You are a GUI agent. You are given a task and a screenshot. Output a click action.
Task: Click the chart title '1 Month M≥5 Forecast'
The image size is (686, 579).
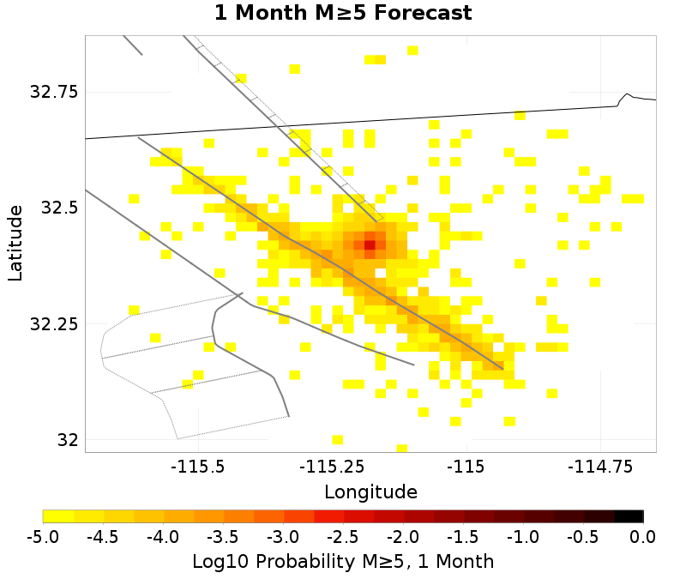point(343,14)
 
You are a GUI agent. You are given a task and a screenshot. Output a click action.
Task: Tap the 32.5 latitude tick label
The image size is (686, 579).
point(58,208)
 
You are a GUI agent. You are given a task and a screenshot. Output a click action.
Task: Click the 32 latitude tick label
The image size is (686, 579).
point(67,440)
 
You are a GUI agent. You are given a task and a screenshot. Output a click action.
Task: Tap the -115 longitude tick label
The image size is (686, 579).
point(468,467)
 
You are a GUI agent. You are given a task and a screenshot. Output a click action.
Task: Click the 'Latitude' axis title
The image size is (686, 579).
point(15,243)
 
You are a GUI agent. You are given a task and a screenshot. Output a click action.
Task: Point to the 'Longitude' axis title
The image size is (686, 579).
point(370,492)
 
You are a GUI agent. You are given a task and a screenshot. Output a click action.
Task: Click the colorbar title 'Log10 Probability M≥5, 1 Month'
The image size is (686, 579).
point(343,562)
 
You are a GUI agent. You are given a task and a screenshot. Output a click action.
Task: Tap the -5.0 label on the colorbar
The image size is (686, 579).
point(43,537)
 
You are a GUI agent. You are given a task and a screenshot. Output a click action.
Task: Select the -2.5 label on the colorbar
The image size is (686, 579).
point(343,537)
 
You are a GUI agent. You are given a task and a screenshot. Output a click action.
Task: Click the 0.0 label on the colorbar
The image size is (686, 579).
point(643,537)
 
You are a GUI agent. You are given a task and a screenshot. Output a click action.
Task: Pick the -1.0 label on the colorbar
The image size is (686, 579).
point(523,537)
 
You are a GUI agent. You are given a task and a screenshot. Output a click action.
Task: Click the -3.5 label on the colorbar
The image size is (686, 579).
point(223,537)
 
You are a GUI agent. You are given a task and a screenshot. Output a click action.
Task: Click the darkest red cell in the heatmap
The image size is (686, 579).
point(370,244)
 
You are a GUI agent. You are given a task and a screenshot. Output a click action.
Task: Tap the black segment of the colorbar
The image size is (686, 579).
point(629,516)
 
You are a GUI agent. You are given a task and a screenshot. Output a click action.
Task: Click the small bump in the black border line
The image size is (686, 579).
point(628,95)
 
